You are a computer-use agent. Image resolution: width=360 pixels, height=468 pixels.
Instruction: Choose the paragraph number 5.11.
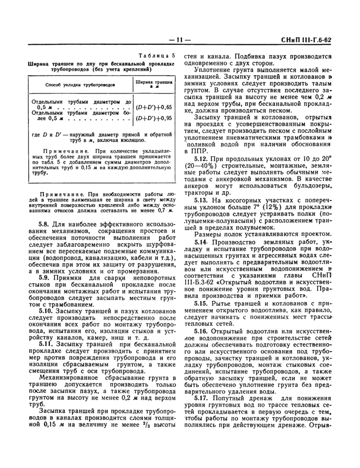(x=47, y=343)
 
